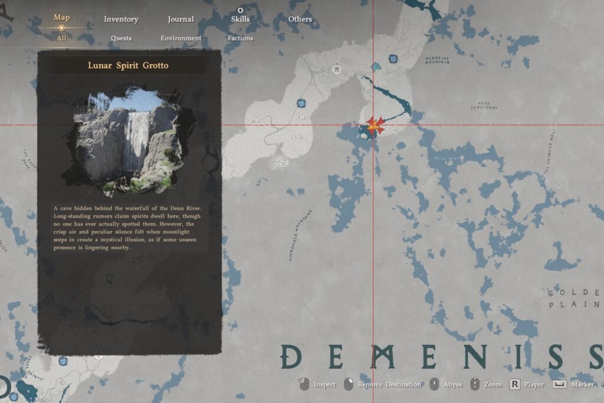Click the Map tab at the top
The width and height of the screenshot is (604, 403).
tap(62, 17)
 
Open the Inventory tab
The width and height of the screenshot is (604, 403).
tap(121, 19)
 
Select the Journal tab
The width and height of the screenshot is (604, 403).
tap(180, 19)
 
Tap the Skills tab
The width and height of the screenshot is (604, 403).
tap(240, 19)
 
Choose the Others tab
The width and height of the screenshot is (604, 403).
tap(300, 19)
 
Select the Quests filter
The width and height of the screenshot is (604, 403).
tap(121, 38)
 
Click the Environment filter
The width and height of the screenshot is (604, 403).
tap(180, 38)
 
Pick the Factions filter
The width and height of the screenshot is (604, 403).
tap(240, 38)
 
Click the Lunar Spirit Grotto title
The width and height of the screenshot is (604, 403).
tap(128, 65)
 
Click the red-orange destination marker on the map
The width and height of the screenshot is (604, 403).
tap(375, 126)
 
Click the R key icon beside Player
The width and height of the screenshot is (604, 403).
tap(515, 384)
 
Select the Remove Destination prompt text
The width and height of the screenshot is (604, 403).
tap(389, 385)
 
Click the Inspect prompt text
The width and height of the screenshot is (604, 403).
tap(324, 385)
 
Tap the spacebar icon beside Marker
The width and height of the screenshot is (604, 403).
tap(559, 384)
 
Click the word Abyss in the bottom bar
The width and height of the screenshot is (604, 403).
tap(452, 385)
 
